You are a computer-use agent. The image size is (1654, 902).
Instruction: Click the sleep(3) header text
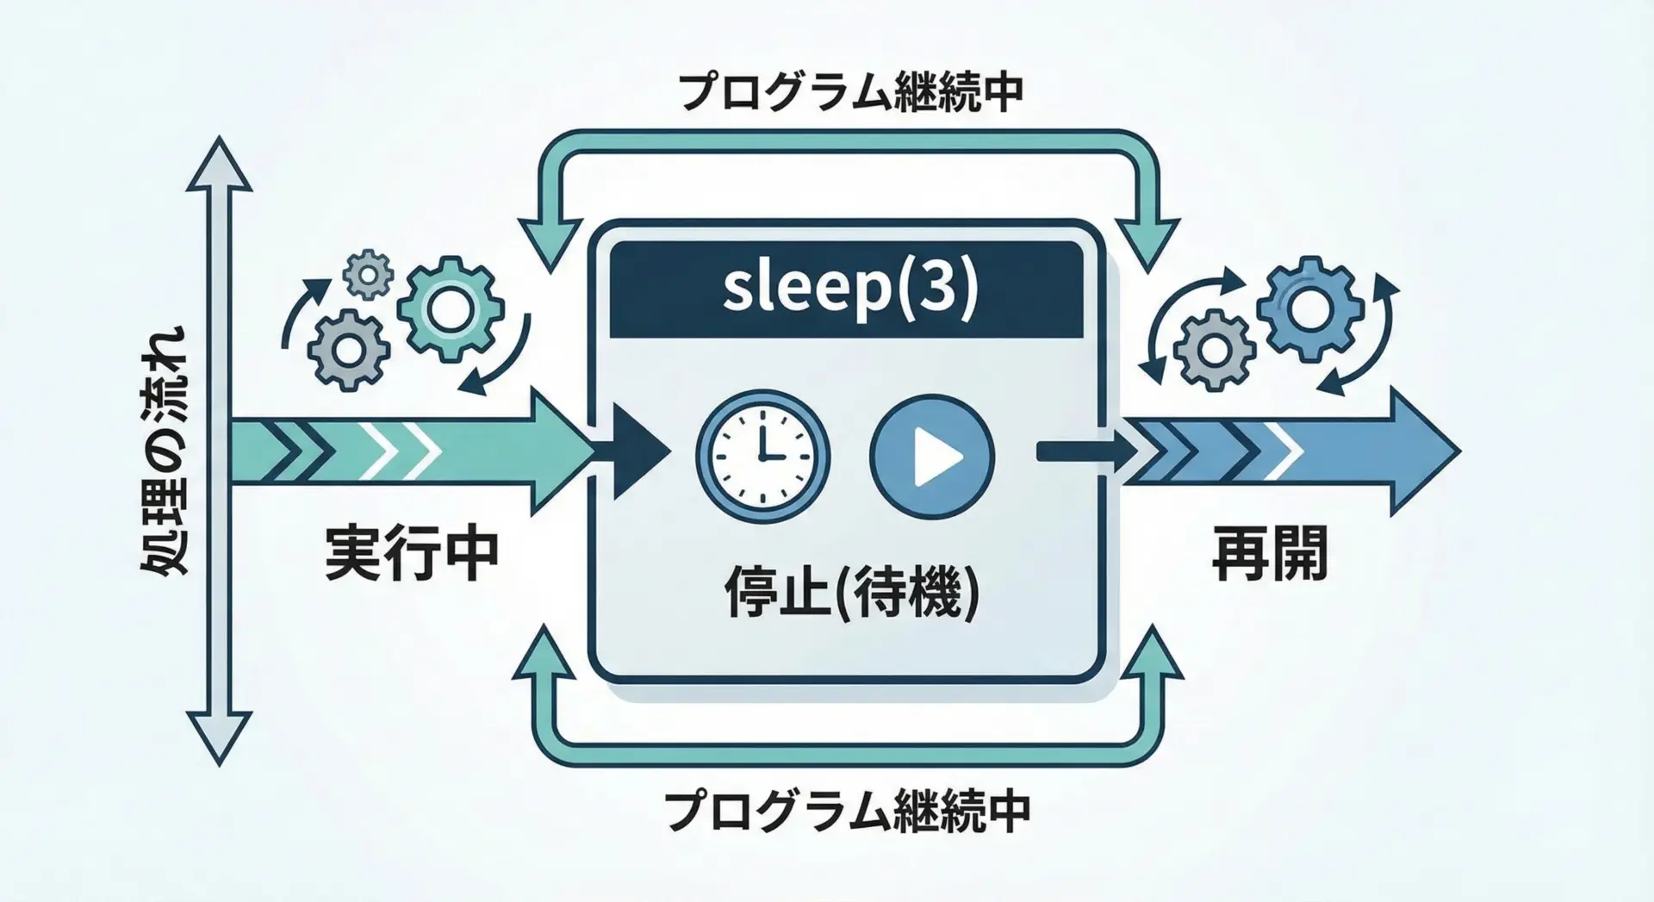(x=849, y=289)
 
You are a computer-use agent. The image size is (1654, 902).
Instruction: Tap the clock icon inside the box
(x=762, y=454)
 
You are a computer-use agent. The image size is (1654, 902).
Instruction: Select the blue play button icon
(x=932, y=455)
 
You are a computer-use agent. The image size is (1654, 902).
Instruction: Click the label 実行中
(x=412, y=555)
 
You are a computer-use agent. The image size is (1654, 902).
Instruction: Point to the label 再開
(x=1269, y=555)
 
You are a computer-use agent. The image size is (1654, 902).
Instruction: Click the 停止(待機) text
(x=851, y=592)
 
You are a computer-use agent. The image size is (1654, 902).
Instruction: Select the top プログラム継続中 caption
(x=851, y=92)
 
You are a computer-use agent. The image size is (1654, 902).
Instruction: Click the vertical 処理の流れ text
(x=164, y=451)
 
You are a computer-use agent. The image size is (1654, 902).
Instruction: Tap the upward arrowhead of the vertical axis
(x=221, y=164)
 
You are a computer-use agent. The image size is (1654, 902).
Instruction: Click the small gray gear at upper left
(x=368, y=274)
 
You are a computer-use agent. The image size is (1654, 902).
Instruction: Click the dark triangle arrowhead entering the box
(x=637, y=451)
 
